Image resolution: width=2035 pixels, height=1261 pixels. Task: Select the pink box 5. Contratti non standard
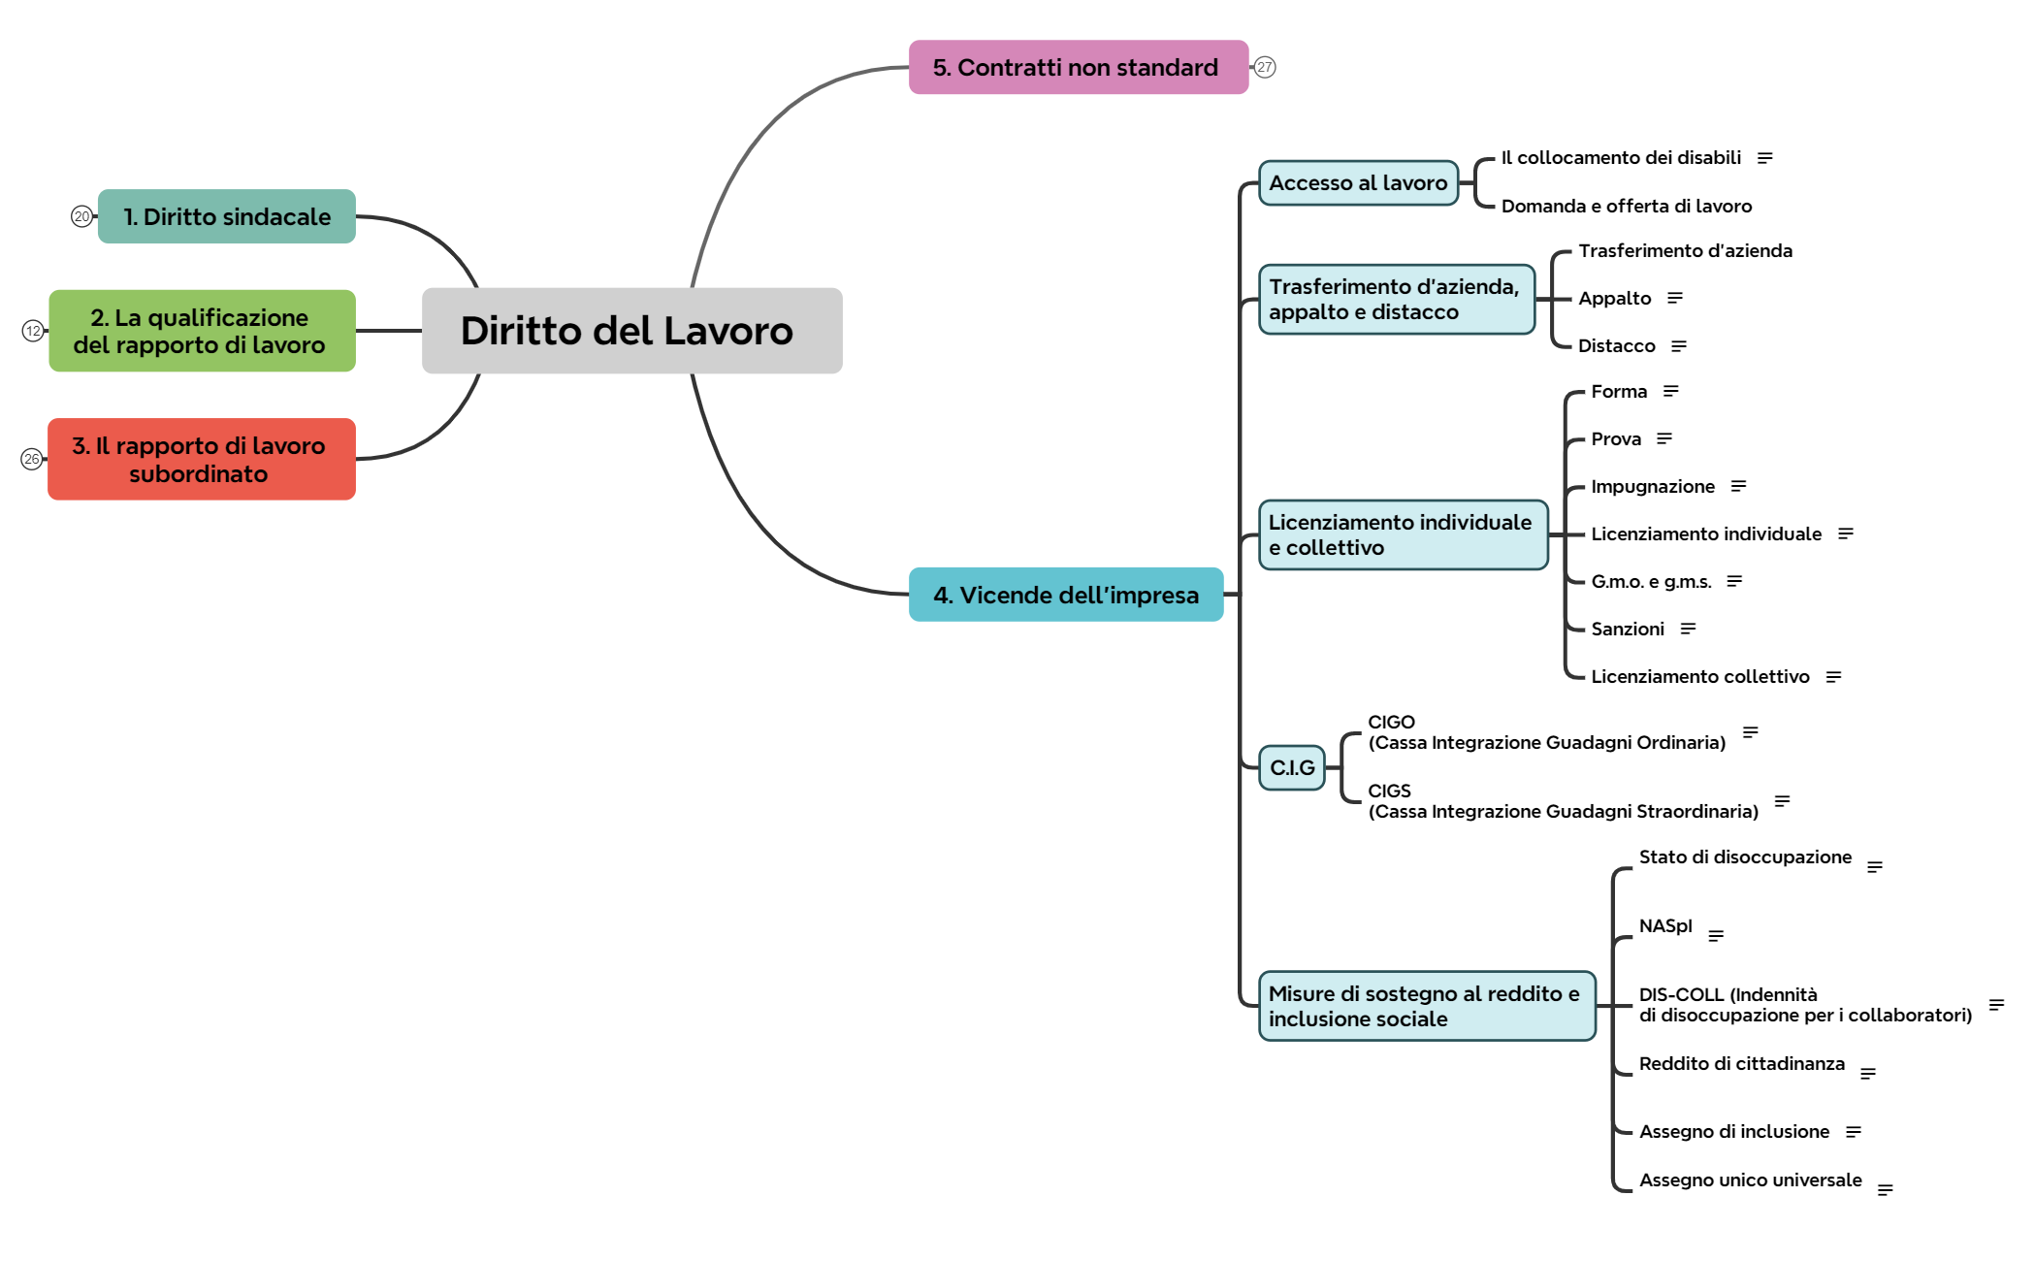tap(1078, 67)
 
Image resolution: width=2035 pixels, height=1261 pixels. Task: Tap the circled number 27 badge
tap(1264, 67)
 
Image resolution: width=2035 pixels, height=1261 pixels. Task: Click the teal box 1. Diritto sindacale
tap(227, 216)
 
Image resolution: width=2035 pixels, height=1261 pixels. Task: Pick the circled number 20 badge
tap(81, 216)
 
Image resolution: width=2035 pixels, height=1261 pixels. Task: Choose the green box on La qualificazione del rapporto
tap(202, 331)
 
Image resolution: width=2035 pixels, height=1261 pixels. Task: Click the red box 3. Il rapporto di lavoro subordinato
tap(202, 459)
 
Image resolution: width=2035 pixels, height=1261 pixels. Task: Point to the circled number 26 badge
tap(32, 459)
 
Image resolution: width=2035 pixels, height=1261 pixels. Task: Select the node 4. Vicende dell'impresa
tap(1065, 595)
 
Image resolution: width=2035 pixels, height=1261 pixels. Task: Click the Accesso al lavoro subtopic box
tap(1358, 182)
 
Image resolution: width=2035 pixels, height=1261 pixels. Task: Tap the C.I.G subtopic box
tap(1292, 767)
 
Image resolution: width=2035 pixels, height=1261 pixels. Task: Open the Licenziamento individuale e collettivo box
tap(1402, 534)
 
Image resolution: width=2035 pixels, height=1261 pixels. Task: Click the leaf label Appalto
tap(1614, 298)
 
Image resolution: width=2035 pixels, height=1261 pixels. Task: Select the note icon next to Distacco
tap(1679, 345)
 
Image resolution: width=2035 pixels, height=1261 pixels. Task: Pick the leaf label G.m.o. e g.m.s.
tap(1651, 581)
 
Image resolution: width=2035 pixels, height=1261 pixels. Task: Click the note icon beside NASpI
tap(1716, 935)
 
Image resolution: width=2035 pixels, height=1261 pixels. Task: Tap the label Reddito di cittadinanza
tap(1741, 1063)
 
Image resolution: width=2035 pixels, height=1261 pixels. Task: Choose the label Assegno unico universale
tap(1750, 1180)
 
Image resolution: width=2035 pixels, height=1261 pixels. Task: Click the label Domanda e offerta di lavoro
tap(1626, 206)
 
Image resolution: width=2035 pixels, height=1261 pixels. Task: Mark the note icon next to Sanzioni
tap(1688, 629)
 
